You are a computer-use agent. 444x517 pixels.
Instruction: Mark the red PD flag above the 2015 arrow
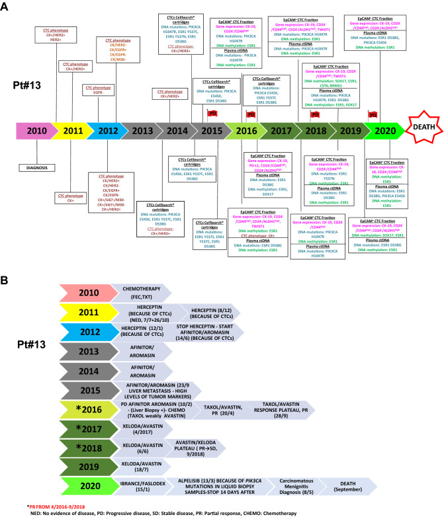tap(212, 113)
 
